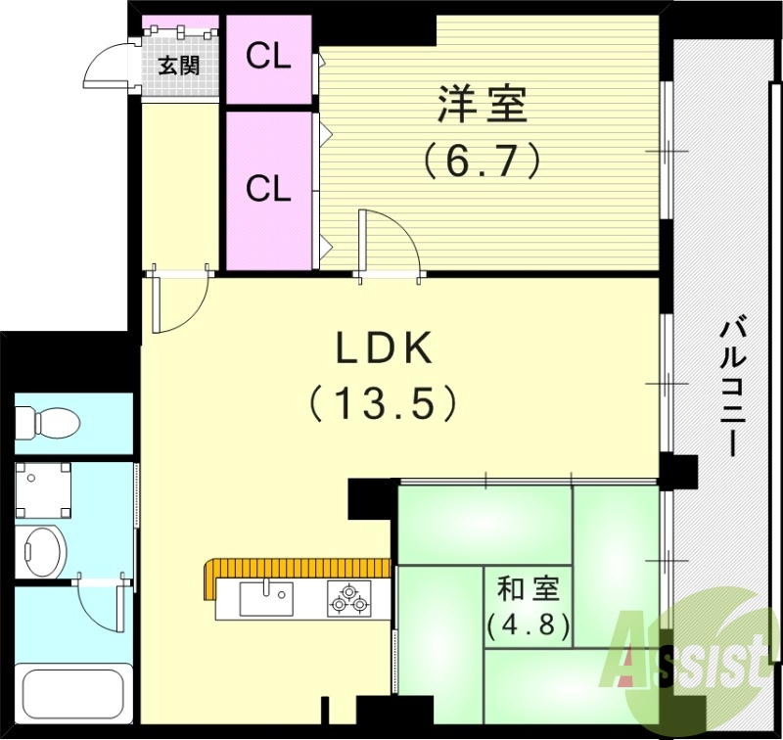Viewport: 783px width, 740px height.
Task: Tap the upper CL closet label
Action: (x=268, y=57)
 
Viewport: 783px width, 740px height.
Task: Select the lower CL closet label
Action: (x=268, y=188)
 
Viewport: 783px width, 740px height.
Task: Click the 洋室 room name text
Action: (x=483, y=105)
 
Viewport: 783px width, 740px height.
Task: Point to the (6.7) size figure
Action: (x=483, y=159)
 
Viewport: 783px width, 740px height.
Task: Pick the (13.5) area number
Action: (x=384, y=401)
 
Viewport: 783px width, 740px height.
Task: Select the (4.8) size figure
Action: (x=529, y=624)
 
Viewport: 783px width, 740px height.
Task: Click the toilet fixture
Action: (x=47, y=422)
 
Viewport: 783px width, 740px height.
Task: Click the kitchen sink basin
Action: (x=265, y=594)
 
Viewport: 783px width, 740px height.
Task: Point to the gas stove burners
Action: (x=350, y=597)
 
